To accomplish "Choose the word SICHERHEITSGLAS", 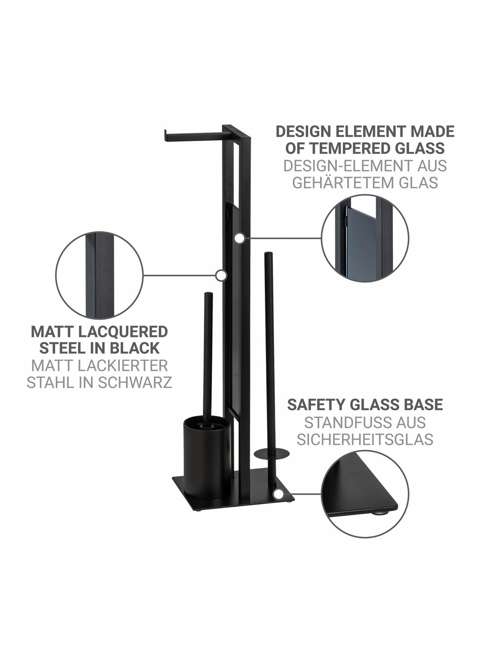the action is (x=365, y=439).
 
